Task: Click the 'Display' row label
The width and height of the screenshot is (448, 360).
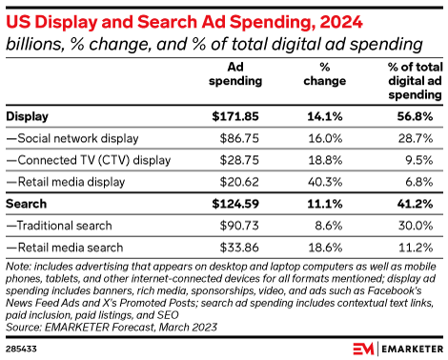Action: coord(30,117)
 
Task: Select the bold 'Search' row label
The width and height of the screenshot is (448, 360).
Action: coord(28,204)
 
